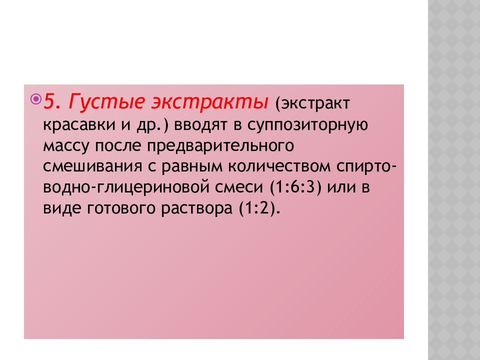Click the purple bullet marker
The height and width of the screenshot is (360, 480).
pyautogui.click(x=36, y=99)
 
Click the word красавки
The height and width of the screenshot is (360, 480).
pyautogui.click(x=79, y=125)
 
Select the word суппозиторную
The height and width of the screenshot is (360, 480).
pyautogui.click(x=307, y=125)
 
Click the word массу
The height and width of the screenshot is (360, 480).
pyautogui.click(x=66, y=146)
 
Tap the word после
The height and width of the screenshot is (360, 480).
pyautogui.click(x=118, y=146)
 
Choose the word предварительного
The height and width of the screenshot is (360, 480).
pyautogui.click(x=220, y=146)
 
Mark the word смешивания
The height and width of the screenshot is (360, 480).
pyautogui.click(x=93, y=167)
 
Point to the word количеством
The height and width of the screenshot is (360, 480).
pyautogui.click(x=279, y=166)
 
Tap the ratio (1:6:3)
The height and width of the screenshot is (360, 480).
pyautogui.click(x=295, y=187)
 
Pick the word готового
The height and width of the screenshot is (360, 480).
pyautogui.click(x=121, y=208)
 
